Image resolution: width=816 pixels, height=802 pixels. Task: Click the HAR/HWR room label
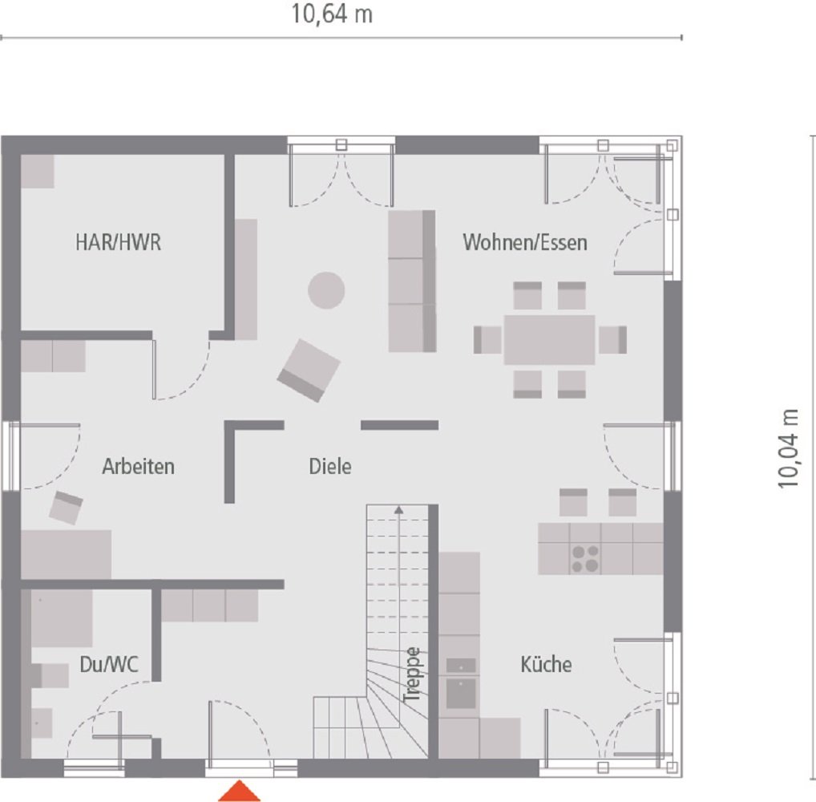118,243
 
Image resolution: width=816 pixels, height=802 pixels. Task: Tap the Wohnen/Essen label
525,242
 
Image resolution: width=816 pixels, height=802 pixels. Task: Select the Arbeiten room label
138,467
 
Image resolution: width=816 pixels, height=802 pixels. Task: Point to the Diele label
330,467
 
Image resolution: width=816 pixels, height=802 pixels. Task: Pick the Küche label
546,665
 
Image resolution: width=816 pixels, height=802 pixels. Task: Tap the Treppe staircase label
412,675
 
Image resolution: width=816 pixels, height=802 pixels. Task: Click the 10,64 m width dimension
332,15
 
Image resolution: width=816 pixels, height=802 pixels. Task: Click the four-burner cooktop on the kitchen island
584,558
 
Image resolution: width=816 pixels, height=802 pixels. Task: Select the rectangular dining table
550,339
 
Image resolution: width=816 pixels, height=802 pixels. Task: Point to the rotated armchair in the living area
309,370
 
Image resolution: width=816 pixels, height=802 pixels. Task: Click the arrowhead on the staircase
398,508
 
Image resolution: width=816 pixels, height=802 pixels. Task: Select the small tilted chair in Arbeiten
67,508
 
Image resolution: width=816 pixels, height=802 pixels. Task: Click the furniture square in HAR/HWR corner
37,171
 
